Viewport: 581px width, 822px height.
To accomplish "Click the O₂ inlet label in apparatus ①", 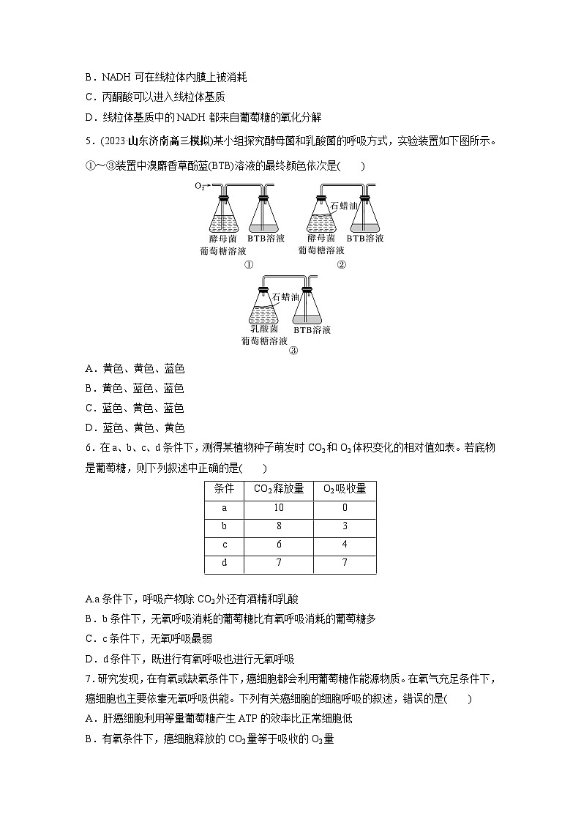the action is click(199, 186).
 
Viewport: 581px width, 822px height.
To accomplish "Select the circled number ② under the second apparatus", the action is click(341, 265).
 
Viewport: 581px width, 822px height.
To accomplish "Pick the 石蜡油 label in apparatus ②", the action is click(344, 207).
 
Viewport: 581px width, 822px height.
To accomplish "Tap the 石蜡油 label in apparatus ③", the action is click(285, 297).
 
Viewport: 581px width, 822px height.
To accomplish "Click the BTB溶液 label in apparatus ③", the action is click(312, 330).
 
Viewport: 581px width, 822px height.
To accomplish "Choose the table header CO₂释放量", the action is click(279, 489).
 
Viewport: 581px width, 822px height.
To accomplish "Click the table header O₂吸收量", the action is click(345, 489).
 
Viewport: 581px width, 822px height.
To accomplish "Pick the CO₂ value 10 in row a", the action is click(279, 508).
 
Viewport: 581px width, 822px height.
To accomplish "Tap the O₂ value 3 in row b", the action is click(345, 526).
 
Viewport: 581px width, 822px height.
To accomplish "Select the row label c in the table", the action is click(223, 545).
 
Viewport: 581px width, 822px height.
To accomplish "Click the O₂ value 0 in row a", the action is click(345, 508).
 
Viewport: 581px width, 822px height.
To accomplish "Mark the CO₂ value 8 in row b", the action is click(279, 526).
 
